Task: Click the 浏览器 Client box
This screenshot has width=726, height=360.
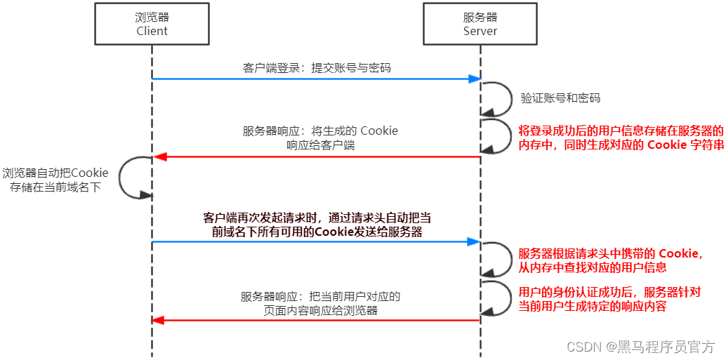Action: pos(152,25)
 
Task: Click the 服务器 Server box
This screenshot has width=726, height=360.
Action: pos(480,25)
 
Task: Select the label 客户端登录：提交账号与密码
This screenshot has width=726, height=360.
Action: pos(317,68)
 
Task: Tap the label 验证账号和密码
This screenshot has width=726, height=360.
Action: pos(560,98)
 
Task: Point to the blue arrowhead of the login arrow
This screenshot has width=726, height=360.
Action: pos(475,79)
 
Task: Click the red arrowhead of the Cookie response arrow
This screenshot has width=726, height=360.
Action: pos(158,156)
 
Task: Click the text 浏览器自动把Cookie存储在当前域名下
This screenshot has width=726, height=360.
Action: pos(55,180)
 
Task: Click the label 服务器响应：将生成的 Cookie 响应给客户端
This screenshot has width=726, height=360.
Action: pos(320,138)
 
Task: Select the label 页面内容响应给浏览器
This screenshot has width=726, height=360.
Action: pos(319,310)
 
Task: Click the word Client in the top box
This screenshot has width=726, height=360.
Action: pos(152,31)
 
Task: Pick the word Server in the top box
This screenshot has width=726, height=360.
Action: pos(480,31)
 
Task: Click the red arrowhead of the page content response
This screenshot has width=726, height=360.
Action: pos(158,320)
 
